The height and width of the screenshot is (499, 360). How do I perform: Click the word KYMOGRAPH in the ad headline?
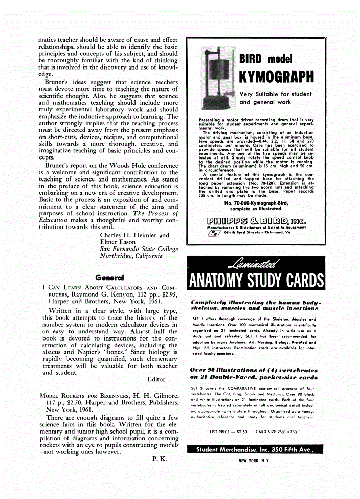click(x=276, y=77)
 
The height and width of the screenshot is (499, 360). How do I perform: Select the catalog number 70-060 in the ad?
click(x=234, y=203)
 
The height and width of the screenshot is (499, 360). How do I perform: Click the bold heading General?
click(x=109, y=278)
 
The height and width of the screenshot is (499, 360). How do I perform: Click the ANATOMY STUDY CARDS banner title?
click(x=256, y=281)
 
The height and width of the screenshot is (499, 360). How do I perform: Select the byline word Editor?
click(x=156, y=379)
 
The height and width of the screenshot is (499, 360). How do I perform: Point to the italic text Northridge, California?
click(x=131, y=255)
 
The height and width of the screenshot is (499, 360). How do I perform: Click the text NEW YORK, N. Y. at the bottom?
click(x=254, y=460)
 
